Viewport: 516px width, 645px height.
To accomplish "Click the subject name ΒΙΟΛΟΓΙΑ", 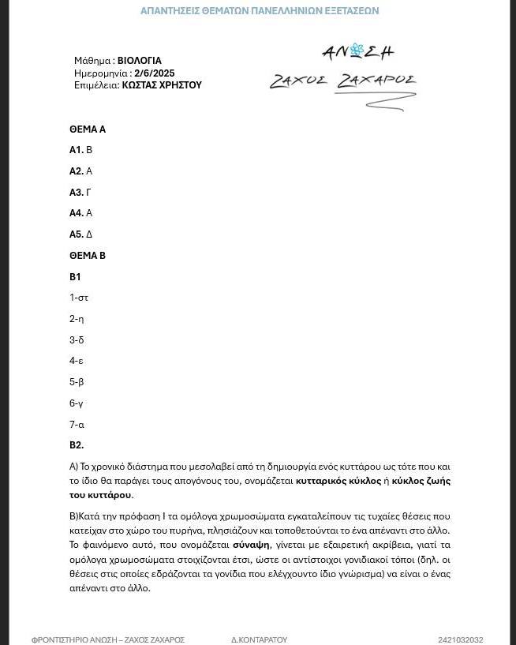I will [140, 61].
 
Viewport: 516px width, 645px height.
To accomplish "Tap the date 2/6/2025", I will [155, 73].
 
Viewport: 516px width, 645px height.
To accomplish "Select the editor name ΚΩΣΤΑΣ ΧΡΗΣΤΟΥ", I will [162, 85].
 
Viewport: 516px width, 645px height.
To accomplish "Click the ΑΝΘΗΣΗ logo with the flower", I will [357, 52].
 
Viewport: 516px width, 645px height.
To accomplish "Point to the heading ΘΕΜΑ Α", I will [88, 129].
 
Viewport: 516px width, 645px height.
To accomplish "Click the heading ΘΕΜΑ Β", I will [88, 256].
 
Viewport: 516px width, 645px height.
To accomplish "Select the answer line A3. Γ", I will [80, 193].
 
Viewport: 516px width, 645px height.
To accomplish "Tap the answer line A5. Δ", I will [81, 234].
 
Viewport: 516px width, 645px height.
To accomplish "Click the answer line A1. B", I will [81, 150].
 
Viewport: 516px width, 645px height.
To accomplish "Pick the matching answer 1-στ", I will [79, 298].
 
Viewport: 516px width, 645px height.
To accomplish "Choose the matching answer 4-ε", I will [77, 361].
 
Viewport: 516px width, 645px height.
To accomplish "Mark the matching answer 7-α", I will [77, 425].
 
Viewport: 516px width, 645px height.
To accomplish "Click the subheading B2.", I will [77, 445].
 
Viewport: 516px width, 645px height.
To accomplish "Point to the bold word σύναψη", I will [251, 545].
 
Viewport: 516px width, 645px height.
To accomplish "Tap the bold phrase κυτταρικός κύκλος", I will [338, 481].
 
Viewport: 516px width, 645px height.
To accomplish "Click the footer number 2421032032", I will [460, 640].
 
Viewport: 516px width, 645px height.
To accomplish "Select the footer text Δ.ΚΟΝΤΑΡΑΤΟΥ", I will [260, 640].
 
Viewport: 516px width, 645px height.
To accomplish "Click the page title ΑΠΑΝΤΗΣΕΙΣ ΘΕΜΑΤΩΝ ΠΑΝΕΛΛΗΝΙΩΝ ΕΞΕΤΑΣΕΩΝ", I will [260, 11].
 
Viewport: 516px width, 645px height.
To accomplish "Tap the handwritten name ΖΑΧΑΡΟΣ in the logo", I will [376, 81].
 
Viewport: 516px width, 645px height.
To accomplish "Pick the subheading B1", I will [75, 277].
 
